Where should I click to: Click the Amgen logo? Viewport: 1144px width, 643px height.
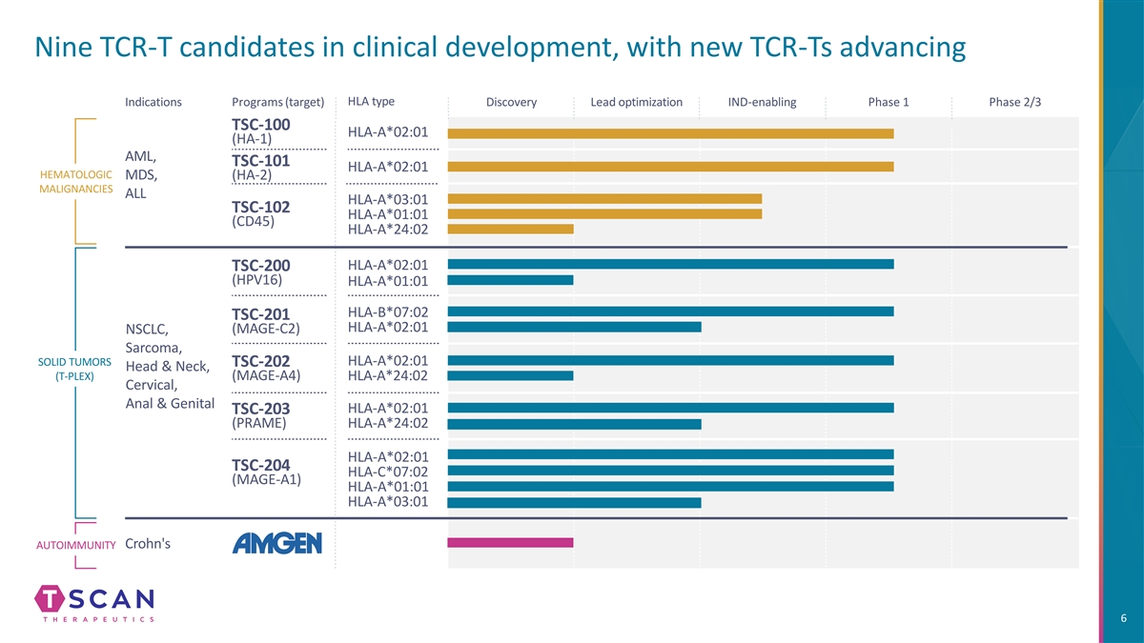[277, 543]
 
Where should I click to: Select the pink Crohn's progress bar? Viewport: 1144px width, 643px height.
[510, 543]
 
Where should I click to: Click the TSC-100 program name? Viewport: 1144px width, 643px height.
[260, 126]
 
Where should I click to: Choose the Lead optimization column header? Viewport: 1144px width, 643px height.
[636, 102]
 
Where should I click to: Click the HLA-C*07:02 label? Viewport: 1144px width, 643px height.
[388, 472]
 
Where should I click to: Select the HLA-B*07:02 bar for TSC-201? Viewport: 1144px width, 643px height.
[670, 311]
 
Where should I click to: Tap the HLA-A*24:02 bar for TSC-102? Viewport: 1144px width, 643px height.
[510, 229]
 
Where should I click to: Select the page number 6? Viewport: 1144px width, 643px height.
[1125, 619]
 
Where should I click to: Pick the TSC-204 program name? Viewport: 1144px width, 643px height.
[260, 465]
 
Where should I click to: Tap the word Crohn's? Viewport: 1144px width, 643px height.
[148, 543]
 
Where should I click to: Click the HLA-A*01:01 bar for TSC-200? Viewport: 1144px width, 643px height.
[510, 280]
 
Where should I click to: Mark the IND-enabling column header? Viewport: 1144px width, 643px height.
[762, 102]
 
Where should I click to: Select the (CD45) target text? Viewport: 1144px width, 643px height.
[254, 222]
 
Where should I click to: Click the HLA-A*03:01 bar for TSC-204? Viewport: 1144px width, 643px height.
[574, 502]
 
